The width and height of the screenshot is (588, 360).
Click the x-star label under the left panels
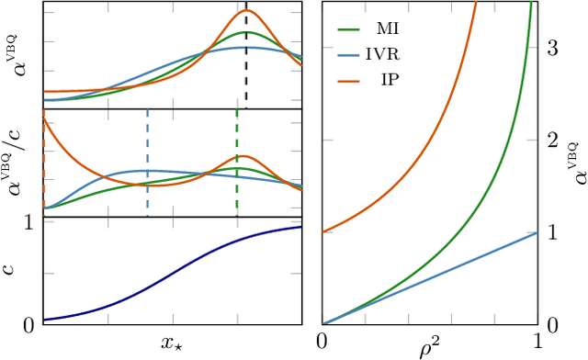pyautogui.click(x=174, y=343)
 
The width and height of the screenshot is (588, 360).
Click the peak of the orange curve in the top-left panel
pyautogui.click(x=246, y=11)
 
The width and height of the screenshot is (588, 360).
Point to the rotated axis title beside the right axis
pyautogui.click(x=575, y=158)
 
